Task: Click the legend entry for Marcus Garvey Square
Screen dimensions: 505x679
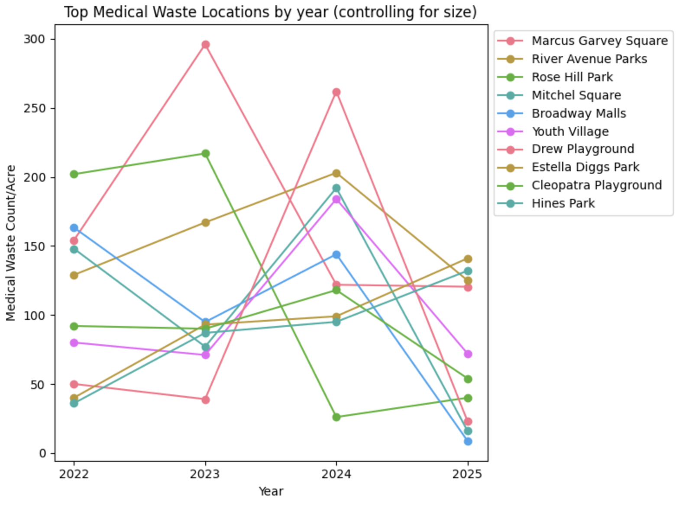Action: [x=599, y=41]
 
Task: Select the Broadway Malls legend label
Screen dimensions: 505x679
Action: [x=579, y=113]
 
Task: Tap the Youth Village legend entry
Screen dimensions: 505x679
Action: [x=570, y=131]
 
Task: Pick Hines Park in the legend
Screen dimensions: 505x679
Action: [x=563, y=203]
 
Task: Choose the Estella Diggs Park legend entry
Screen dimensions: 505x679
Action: [x=585, y=167]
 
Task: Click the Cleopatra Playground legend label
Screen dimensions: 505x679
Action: [x=596, y=185]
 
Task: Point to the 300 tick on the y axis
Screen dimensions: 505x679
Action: [x=34, y=39]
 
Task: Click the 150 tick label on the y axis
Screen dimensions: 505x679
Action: [x=34, y=246]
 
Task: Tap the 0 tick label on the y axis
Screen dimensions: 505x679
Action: [x=42, y=454]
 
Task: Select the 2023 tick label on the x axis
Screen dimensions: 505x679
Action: [x=205, y=474]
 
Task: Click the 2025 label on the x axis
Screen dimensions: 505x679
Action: [x=467, y=474]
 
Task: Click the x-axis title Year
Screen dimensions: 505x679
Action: [x=271, y=492]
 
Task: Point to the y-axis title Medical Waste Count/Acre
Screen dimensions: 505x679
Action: [x=11, y=243]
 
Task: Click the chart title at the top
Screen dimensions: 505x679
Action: [x=271, y=12]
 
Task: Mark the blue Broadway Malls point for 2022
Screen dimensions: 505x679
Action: [x=74, y=228]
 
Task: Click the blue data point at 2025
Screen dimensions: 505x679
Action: [x=468, y=441]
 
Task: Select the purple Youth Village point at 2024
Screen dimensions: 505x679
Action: [x=336, y=199]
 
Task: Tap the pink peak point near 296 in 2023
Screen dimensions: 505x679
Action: [x=206, y=45]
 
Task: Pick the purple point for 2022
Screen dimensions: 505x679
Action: [x=74, y=343]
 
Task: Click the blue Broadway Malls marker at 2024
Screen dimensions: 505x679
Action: [x=336, y=255]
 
